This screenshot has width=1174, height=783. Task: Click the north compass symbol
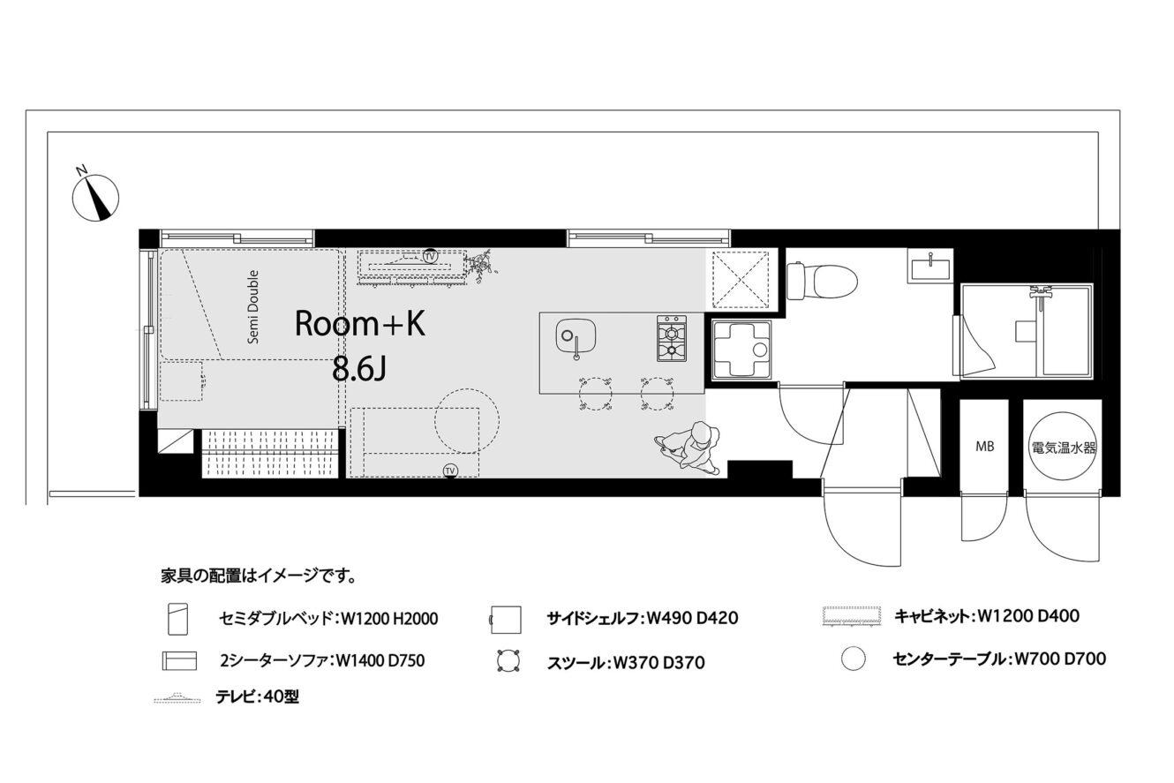click(x=95, y=198)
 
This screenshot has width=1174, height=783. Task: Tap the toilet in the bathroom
click(x=821, y=281)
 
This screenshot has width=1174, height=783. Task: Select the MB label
click(x=985, y=446)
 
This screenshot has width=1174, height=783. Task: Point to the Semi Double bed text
click(x=253, y=306)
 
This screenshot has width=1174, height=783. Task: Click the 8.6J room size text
click(x=359, y=370)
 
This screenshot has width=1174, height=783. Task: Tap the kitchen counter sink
click(x=575, y=337)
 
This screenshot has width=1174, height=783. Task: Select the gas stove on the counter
click(x=672, y=338)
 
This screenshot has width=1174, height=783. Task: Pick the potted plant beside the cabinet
click(x=483, y=267)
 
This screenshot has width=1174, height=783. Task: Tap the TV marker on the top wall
click(x=430, y=256)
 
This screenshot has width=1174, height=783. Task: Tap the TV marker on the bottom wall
click(x=450, y=471)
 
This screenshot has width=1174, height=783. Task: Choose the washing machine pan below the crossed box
click(x=742, y=349)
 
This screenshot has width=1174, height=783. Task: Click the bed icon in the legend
click(x=177, y=619)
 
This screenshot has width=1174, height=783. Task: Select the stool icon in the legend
click(x=508, y=661)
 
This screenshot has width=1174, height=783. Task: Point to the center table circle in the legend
click(x=854, y=659)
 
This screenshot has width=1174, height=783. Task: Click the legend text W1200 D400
click(x=1028, y=615)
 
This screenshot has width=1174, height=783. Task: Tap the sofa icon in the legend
click(x=179, y=661)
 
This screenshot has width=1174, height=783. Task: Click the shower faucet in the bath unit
click(x=1039, y=292)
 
